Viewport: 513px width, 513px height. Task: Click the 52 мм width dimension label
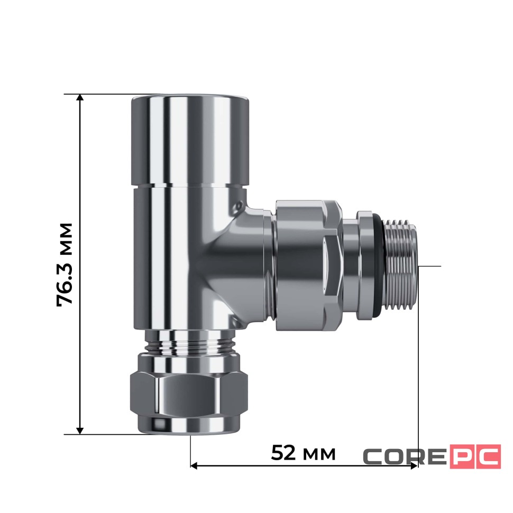(303, 453)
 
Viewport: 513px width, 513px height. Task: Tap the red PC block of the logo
(475, 456)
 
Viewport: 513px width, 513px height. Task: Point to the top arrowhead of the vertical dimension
(80, 98)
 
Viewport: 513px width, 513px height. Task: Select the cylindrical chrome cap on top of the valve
(189, 140)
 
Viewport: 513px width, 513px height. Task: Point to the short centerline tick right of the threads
(431, 265)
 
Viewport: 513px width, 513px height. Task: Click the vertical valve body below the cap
(169, 254)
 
